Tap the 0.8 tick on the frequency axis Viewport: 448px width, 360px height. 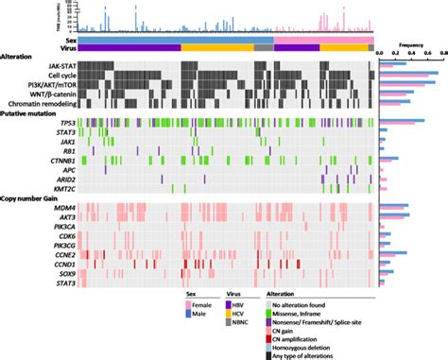tap(442, 53)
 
